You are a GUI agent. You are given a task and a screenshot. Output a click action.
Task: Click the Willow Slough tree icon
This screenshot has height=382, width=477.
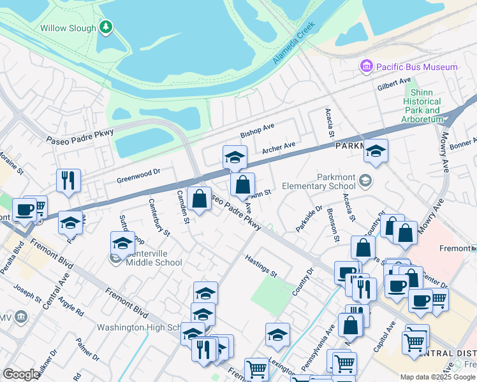106,27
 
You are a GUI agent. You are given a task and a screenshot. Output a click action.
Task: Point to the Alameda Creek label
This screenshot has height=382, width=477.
294,43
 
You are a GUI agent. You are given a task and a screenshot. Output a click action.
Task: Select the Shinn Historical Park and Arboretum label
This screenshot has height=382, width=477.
422,106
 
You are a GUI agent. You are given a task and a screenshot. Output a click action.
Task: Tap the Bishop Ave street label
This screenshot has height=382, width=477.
257,131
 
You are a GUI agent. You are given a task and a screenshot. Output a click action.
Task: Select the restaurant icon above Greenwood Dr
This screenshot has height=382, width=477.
68,180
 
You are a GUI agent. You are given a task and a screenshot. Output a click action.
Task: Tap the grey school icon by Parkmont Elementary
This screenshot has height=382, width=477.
365,180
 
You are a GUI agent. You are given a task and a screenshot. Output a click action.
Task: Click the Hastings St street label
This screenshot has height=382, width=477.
261,266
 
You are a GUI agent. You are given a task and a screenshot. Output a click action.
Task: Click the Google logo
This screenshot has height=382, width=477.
22,374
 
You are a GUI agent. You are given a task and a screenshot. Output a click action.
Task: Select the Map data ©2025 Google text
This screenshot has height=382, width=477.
437,377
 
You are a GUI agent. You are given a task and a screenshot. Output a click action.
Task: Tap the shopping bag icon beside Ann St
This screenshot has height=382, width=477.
242,185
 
